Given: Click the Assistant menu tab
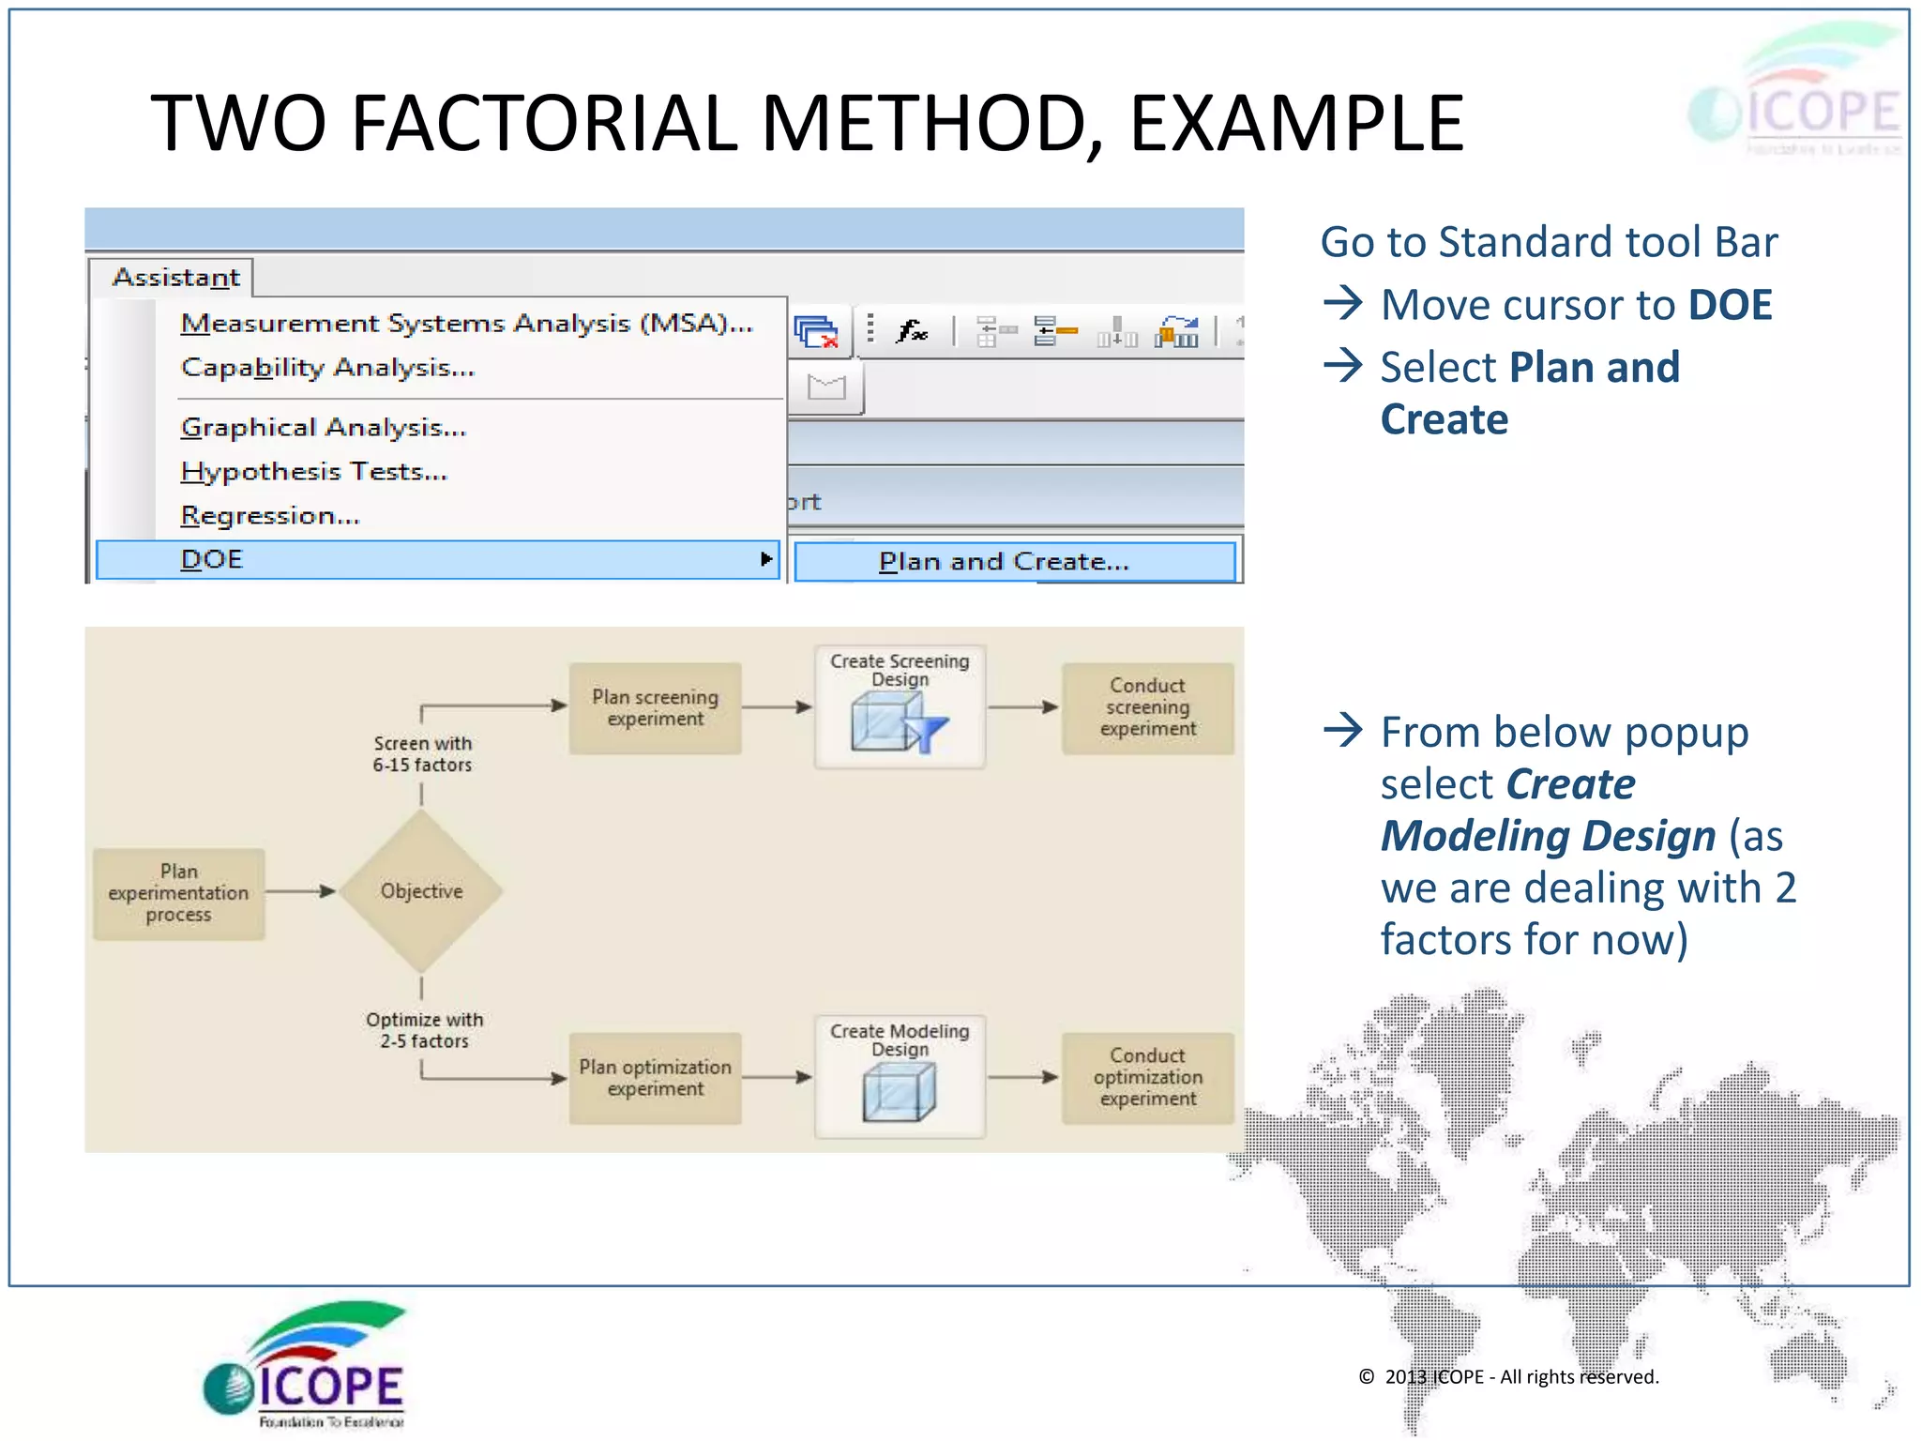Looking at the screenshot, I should click(175, 278).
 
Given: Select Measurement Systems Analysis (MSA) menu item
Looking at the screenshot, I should click(466, 324).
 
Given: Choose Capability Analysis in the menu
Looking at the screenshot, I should click(328, 368).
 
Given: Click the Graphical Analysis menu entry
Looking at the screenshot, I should click(324, 428).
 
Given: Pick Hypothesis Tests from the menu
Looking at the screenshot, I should click(314, 472).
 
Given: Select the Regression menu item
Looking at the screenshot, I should click(270, 516).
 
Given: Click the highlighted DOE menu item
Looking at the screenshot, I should click(437, 560).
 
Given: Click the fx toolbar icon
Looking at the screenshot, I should click(911, 330).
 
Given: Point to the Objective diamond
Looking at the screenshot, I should click(421, 891).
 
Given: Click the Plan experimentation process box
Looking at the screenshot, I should click(178, 893).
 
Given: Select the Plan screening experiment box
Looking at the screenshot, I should click(655, 708).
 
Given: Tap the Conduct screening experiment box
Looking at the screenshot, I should click(1147, 707).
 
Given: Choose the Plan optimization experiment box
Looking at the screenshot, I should click(655, 1078).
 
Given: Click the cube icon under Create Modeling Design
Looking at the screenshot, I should click(899, 1094).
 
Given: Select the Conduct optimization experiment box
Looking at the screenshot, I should click(1147, 1077).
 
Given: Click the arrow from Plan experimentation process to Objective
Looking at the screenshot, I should click(300, 891).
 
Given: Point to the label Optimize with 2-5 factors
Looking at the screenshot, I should click(424, 1030).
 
